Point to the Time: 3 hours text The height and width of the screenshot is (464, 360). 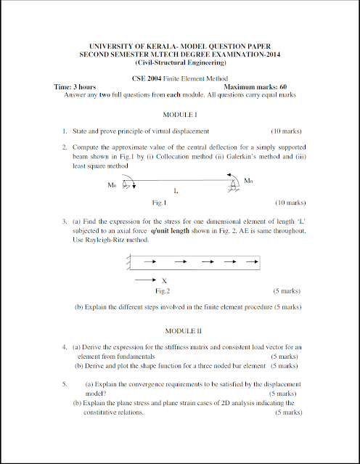75,87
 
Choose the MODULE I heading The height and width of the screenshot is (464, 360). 180,115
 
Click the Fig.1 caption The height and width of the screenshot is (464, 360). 158,203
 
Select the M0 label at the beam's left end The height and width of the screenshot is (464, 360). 112,185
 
